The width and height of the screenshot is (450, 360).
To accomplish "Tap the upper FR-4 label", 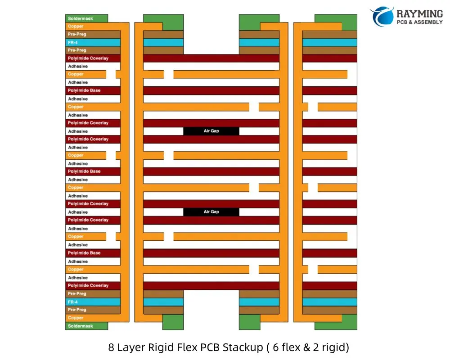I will [73, 42].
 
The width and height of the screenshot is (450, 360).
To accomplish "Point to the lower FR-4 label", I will [73, 302].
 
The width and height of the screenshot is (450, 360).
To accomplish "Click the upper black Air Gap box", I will [211, 131].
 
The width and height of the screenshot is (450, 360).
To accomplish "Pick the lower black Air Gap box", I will [211, 212].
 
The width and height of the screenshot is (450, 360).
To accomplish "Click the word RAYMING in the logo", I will [419, 13].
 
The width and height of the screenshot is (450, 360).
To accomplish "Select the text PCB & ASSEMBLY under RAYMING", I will [419, 22].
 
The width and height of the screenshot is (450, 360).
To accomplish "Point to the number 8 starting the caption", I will [111, 347].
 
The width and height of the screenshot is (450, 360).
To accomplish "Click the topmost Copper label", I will [76, 27].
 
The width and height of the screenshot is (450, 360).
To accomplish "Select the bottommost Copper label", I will [76, 318].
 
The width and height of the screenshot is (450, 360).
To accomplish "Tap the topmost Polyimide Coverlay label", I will [88, 58].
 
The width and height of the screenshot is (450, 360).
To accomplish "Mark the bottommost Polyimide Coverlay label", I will [88, 285].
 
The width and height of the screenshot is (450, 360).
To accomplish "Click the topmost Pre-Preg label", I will [77, 34].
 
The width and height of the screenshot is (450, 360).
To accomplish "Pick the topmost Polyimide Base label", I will [84, 90].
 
